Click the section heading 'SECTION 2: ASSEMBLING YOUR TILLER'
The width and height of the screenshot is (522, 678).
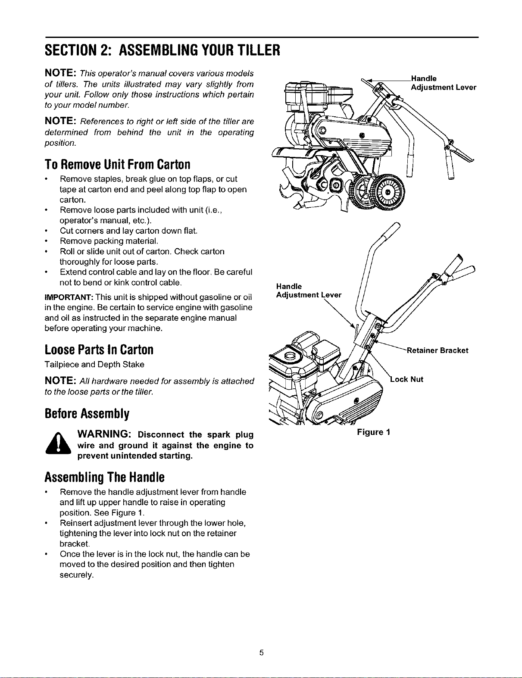pyautogui.click(x=162, y=50)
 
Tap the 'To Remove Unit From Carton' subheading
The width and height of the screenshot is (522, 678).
pyautogui.click(x=117, y=164)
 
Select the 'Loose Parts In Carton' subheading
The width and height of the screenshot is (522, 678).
pyautogui.click(x=99, y=350)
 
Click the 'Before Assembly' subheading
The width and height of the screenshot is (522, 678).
pyautogui.click(x=87, y=414)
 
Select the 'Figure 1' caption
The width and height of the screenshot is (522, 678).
pyautogui.click(x=374, y=432)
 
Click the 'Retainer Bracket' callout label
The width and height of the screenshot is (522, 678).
pyautogui.click(x=438, y=350)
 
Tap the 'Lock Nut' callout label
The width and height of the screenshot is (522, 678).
pyautogui.click(x=407, y=379)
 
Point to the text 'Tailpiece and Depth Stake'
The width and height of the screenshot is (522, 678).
pyautogui.click(x=94, y=364)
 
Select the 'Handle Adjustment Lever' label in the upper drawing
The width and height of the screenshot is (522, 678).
pyautogui.click(x=444, y=83)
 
